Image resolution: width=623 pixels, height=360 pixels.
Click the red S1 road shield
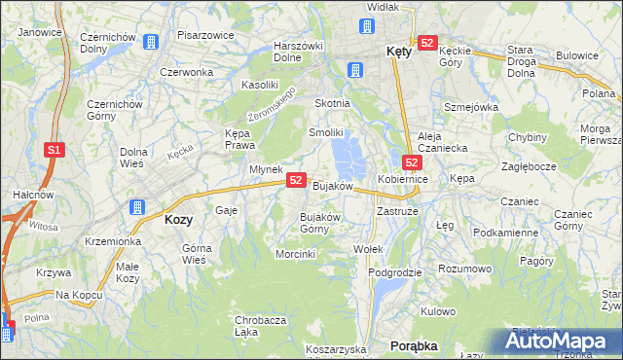(x=55, y=150)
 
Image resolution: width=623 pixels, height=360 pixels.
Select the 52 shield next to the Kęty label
(x=426, y=44)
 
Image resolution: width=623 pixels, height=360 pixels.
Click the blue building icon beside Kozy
(x=137, y=207)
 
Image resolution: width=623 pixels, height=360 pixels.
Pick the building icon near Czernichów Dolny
(x=150, y=43)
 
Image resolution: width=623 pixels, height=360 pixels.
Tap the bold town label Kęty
(x=398, y=53)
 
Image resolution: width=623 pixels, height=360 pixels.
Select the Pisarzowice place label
(x=204, y=35)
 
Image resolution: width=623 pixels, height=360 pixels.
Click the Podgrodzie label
(x=395, y=272)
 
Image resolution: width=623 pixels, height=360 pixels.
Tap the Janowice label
(x=40, y=32)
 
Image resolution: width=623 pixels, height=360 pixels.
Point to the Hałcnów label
(x=24, y=195)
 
